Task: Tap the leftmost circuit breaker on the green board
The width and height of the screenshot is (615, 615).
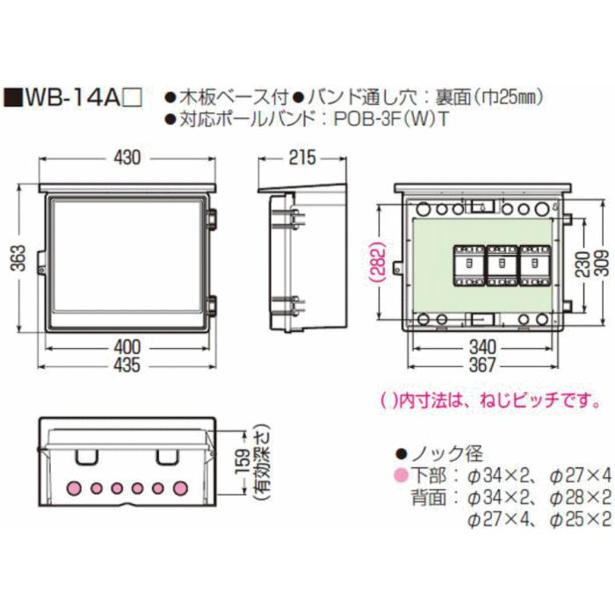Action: point(467,264)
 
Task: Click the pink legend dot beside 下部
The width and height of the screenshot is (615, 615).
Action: point(401,476)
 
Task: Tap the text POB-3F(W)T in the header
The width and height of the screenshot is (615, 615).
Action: point(390,120)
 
